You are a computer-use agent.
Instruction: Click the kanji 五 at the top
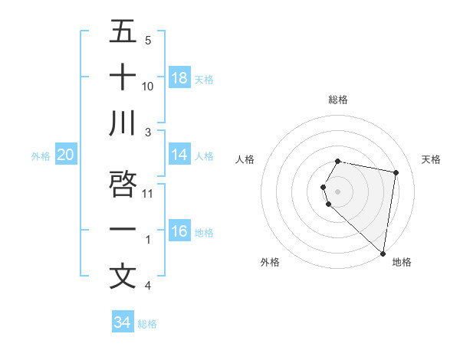(x=123, y=31)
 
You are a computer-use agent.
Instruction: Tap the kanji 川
(x=123, y=123)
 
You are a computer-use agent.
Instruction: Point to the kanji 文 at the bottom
(x=123, y=276)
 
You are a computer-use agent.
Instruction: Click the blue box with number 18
(x=179, y=78)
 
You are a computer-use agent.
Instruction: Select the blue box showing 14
(x=179, y=155)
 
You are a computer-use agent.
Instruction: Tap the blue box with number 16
(x=179, y=231)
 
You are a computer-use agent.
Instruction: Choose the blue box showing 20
(x=66, y=155)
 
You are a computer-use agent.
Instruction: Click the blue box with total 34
(x=122, y=322)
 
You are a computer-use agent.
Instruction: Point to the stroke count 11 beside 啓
(x=148, y=193)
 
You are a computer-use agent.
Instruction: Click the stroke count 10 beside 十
(x=148, y=86)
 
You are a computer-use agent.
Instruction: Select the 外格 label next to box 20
(x=41, y=156)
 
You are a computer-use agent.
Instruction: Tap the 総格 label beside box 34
(x=147, y=324)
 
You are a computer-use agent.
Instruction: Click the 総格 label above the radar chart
(x=338, y=100)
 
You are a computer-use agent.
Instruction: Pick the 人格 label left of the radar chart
(x=245, y=159)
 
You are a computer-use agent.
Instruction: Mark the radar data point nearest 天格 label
(x=396, y=173)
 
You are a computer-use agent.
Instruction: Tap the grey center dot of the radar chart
(x=338, y=190)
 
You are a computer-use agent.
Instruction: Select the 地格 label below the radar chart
(x=402, y=262)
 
